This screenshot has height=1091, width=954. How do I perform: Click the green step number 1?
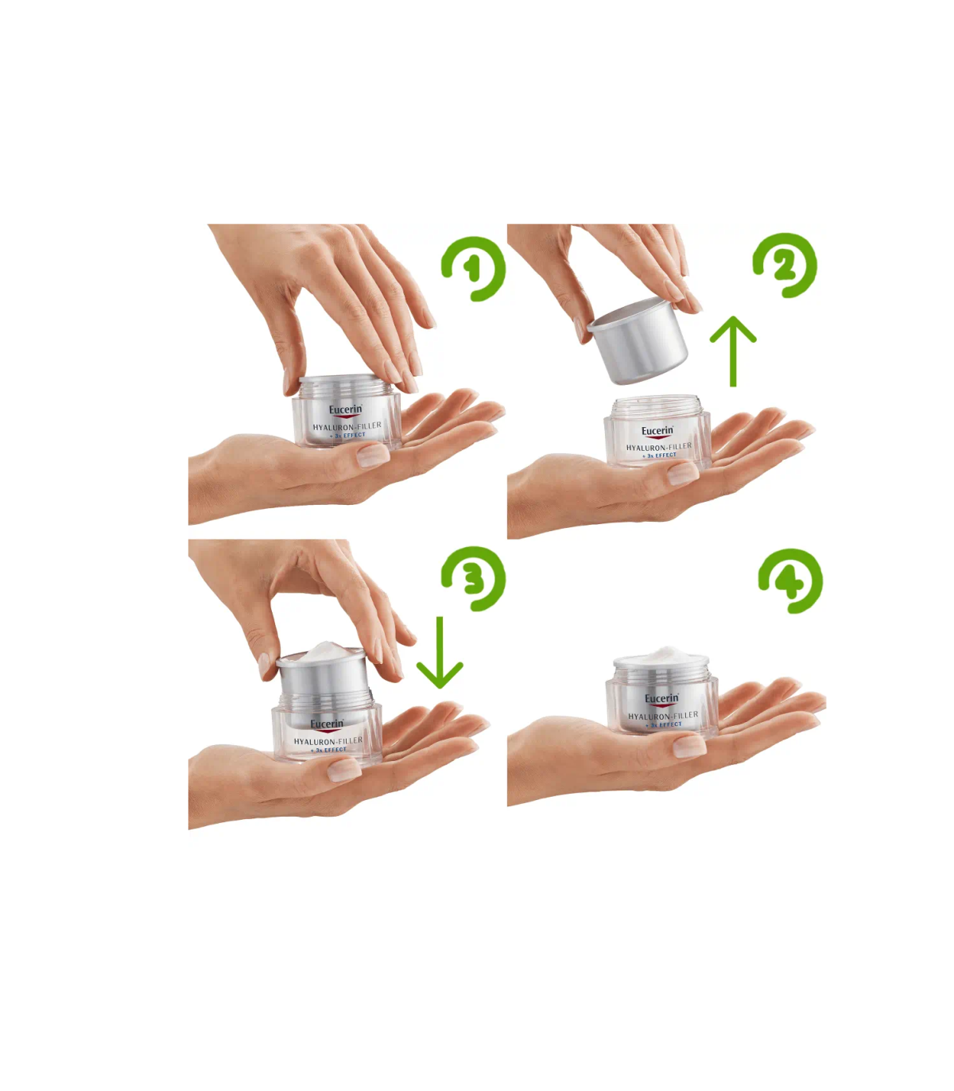click(471, 270)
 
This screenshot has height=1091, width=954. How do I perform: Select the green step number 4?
click(790, 582)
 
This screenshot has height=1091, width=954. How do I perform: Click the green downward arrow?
click(440, 652)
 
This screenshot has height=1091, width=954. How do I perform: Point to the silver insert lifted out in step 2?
click(638, 340)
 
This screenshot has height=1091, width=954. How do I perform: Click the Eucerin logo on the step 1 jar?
click(345, 410)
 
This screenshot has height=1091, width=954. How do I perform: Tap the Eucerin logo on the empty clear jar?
click(657, 431)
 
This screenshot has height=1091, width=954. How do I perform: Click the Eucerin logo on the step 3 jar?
click(327, 724)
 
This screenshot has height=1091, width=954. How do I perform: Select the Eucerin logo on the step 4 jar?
click(661, 699)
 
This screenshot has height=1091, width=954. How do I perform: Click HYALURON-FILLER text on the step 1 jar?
click(347, 426)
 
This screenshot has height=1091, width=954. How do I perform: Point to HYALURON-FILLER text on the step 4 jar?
click(663, 716)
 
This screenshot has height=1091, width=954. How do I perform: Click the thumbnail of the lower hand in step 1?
click(373, 456)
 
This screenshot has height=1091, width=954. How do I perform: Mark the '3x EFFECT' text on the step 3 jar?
click(328, 750)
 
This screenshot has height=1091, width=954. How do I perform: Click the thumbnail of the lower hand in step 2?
click(683, 473)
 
